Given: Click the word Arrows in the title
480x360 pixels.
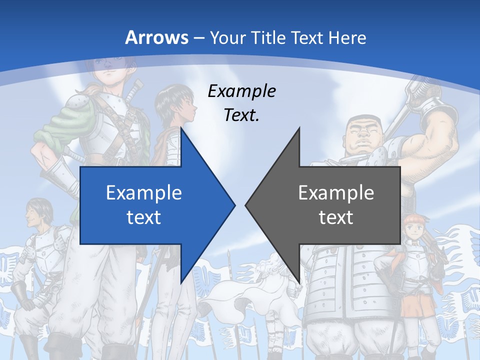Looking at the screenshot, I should coord(157,37).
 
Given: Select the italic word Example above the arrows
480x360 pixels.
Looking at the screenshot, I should coord(242,91).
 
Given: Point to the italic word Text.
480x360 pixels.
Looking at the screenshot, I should coord(242,115).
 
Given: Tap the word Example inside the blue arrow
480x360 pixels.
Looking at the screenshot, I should coord(144,192).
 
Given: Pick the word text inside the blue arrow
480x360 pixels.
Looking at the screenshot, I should coord(144,217).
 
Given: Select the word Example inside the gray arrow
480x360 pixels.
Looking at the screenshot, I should coord(336,192).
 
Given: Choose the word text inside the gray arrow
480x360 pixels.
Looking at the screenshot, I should coord(336,217).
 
